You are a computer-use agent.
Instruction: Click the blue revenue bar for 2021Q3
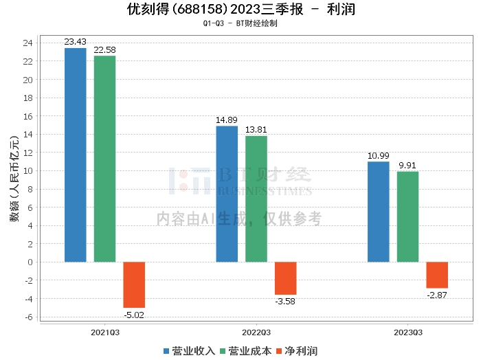pos(76,155)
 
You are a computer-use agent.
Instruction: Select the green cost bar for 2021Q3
pos(104,159)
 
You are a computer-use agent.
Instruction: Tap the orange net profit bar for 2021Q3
pos(134,284)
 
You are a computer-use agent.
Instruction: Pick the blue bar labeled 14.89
pos(227,194)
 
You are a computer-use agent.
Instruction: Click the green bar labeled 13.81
pos(256,199)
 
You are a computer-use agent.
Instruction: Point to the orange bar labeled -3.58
pos(286,278)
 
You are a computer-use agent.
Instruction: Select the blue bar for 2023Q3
pos(379,212)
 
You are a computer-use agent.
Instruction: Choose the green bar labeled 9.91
pos(408,216)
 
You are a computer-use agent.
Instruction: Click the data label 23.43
pos(76,43)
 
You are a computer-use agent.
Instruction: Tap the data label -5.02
pos(134,315)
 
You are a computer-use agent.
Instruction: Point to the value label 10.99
pos(379,156)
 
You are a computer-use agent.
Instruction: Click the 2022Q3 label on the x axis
pos(256,332)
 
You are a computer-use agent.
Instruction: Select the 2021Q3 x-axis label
pos(104,332)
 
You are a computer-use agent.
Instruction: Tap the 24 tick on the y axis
pos(28,43)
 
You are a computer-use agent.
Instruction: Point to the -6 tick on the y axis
pos(28,317)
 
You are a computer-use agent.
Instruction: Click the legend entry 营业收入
pos(194,351)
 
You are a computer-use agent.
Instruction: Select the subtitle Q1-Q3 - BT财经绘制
pos(240,23)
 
